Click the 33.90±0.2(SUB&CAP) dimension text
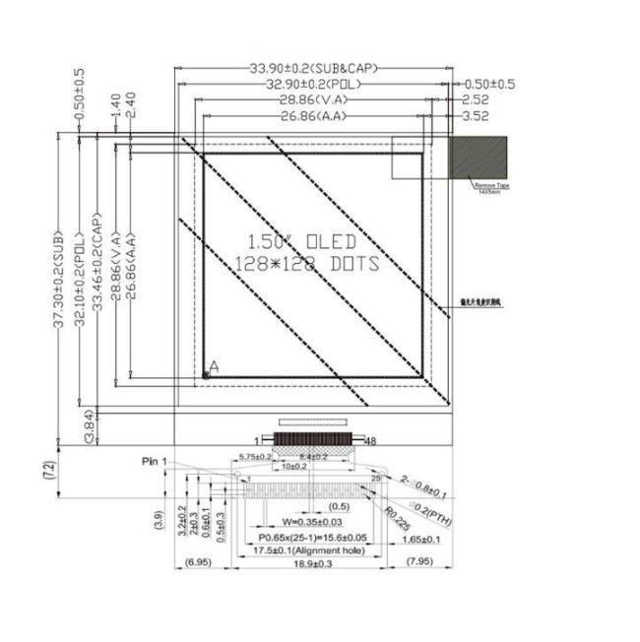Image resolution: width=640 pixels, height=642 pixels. point(313,68)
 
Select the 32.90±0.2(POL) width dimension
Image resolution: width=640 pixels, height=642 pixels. point(314,84)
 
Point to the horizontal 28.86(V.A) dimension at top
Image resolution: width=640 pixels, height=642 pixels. point(314,99)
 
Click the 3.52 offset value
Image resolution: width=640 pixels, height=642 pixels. point(476,115)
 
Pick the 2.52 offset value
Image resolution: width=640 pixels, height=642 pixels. point(476,99)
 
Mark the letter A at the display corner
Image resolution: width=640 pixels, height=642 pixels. point(215,366)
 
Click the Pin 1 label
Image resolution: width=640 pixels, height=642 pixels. point(156,461)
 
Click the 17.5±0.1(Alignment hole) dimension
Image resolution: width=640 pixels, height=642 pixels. point(297,551)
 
